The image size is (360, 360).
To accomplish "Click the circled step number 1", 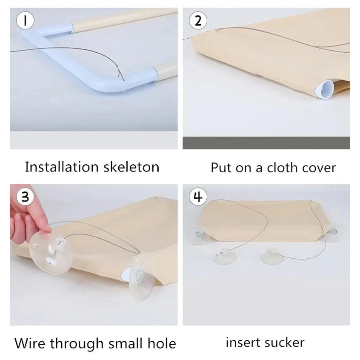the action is point(25,20).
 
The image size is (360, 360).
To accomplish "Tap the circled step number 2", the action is point(198,20).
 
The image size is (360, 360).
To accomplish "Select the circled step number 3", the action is point(25,197).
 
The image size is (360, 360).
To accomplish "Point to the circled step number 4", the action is point(198,197).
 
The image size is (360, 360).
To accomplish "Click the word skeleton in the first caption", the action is point(131,167).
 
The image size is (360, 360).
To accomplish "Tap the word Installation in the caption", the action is point(61,167).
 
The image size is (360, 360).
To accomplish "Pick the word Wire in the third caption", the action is point(30,343).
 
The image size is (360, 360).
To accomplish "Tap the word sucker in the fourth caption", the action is point(285,343).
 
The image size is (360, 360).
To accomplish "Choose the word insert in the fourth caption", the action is point(243,343).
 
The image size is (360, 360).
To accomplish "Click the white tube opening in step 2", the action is point(325,89).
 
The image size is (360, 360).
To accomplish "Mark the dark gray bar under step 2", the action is point(266,143).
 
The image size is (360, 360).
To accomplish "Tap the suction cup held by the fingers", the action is point(51,252).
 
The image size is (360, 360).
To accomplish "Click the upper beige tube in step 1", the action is point(124,20).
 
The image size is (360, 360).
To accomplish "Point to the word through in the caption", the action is point(77,344).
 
